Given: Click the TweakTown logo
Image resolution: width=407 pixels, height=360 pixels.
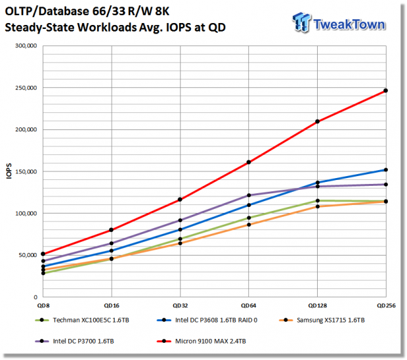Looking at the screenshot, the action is click(339, 23).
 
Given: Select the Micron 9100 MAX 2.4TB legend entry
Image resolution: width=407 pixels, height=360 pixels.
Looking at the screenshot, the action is click(202, 341).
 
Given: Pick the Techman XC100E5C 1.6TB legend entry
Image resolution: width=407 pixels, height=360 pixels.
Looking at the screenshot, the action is click(82, 320).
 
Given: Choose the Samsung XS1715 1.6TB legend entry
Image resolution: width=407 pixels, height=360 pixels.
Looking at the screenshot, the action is click(322, 320).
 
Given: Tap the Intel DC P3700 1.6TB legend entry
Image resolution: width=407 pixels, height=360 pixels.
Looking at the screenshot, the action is click(74, 341).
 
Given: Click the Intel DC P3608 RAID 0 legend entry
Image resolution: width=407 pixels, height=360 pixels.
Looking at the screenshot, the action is click(207, 320).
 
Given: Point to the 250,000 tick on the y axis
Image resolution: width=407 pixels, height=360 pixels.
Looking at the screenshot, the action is click(26, 88).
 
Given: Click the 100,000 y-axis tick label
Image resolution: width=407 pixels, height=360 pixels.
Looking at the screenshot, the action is click(26, 214).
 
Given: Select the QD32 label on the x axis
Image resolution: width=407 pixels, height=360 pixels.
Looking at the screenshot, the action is click(180, 305).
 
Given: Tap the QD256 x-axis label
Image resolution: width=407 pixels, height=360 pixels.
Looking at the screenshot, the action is click(386, 305).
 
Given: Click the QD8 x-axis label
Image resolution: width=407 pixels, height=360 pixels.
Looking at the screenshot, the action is click(43, 305).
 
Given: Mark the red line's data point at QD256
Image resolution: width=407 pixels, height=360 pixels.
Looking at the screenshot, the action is click(386, 91).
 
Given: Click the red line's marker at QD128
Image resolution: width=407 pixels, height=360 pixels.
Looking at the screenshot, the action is click(317, 122).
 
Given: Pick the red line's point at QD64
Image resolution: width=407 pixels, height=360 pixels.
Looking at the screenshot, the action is click(249, 162).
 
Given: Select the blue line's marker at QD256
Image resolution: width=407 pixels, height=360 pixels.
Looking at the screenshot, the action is click(386, 170).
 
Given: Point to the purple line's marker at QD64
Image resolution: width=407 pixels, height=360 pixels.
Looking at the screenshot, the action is click(249, 195).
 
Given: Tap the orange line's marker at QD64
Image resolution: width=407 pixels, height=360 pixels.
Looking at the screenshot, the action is click(249, 225).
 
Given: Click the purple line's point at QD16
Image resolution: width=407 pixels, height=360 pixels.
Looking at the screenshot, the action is click(112, 243).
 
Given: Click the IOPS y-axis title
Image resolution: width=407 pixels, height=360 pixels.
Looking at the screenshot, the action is click(9, 171).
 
